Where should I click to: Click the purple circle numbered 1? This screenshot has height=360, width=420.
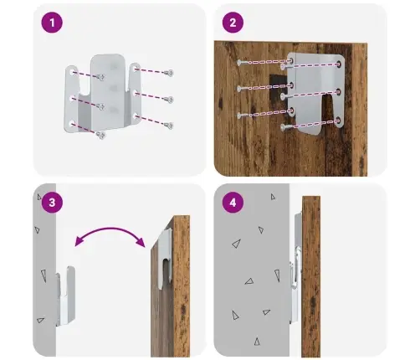click(x=52, y=23)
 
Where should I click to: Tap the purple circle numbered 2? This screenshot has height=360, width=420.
click(x=233, y=23)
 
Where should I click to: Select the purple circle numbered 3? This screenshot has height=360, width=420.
click(x=52, y=203)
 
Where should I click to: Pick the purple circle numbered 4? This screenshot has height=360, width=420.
click(x=233, y=203)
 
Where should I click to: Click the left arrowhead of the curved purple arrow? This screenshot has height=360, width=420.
click(x=79, y=241)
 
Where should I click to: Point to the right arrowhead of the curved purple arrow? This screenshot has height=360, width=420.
click(x=141, y=242)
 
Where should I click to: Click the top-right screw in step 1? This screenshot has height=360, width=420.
click(x=169, y=73)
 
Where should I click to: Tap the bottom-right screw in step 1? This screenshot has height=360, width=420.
click(x=169, y=126)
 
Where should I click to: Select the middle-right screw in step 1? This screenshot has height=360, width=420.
click(x=169, y=99)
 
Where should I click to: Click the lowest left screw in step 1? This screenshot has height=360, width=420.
click(x=101, y=136)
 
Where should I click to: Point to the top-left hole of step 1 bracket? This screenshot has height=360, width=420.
click(x=72, y=73)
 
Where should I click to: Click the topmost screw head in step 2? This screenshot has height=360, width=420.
click(x=239, y=63)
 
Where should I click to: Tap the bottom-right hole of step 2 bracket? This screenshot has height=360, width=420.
click(x=339, y=121)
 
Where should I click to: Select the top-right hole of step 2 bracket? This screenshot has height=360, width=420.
click(x=339, y=64)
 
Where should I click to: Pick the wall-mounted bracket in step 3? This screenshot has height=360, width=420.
click(x=65, y=296)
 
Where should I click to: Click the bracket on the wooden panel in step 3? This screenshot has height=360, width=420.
click(x=165, y=258)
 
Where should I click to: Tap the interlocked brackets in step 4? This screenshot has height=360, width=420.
click(x=295, y=268)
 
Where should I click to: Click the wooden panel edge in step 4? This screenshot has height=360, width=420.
click(x=311, y=276)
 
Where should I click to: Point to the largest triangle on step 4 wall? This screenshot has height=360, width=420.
click(x=237, y=244)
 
